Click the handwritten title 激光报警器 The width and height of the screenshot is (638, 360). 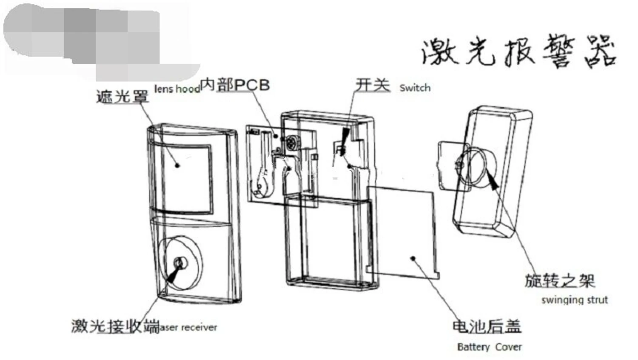(x=519, y=51)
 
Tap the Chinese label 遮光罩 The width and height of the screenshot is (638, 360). (x=122, y=97)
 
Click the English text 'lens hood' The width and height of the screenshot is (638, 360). (x=177, y=89)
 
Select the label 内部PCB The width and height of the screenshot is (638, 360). (x=235, y=85)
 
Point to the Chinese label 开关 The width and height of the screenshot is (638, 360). (x=373, y=85)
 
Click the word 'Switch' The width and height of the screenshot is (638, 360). (x=415, y=88)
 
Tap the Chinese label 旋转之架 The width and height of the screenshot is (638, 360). (x=559, y=281)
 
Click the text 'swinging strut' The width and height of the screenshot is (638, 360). (x=575, y=300)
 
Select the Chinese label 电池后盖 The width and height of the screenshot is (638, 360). (x=487, y=326)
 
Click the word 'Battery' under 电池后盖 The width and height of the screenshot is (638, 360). (x=473, y=347)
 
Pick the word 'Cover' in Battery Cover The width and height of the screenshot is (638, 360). (x=509, y=347)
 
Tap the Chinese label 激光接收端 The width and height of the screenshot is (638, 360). (x=115, y=326)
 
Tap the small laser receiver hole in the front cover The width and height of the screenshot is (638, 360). (x=180, y=263)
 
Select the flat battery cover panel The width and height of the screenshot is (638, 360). (x=402, y=230)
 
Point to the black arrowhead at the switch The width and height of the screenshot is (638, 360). (x=344, y=136)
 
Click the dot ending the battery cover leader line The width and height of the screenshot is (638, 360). (x=413, y=258)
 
